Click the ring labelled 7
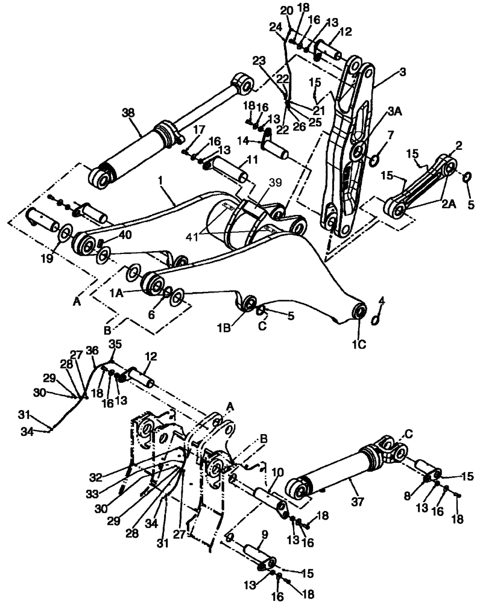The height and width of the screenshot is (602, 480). click(373, 160)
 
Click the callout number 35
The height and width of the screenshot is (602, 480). click(115, 344)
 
